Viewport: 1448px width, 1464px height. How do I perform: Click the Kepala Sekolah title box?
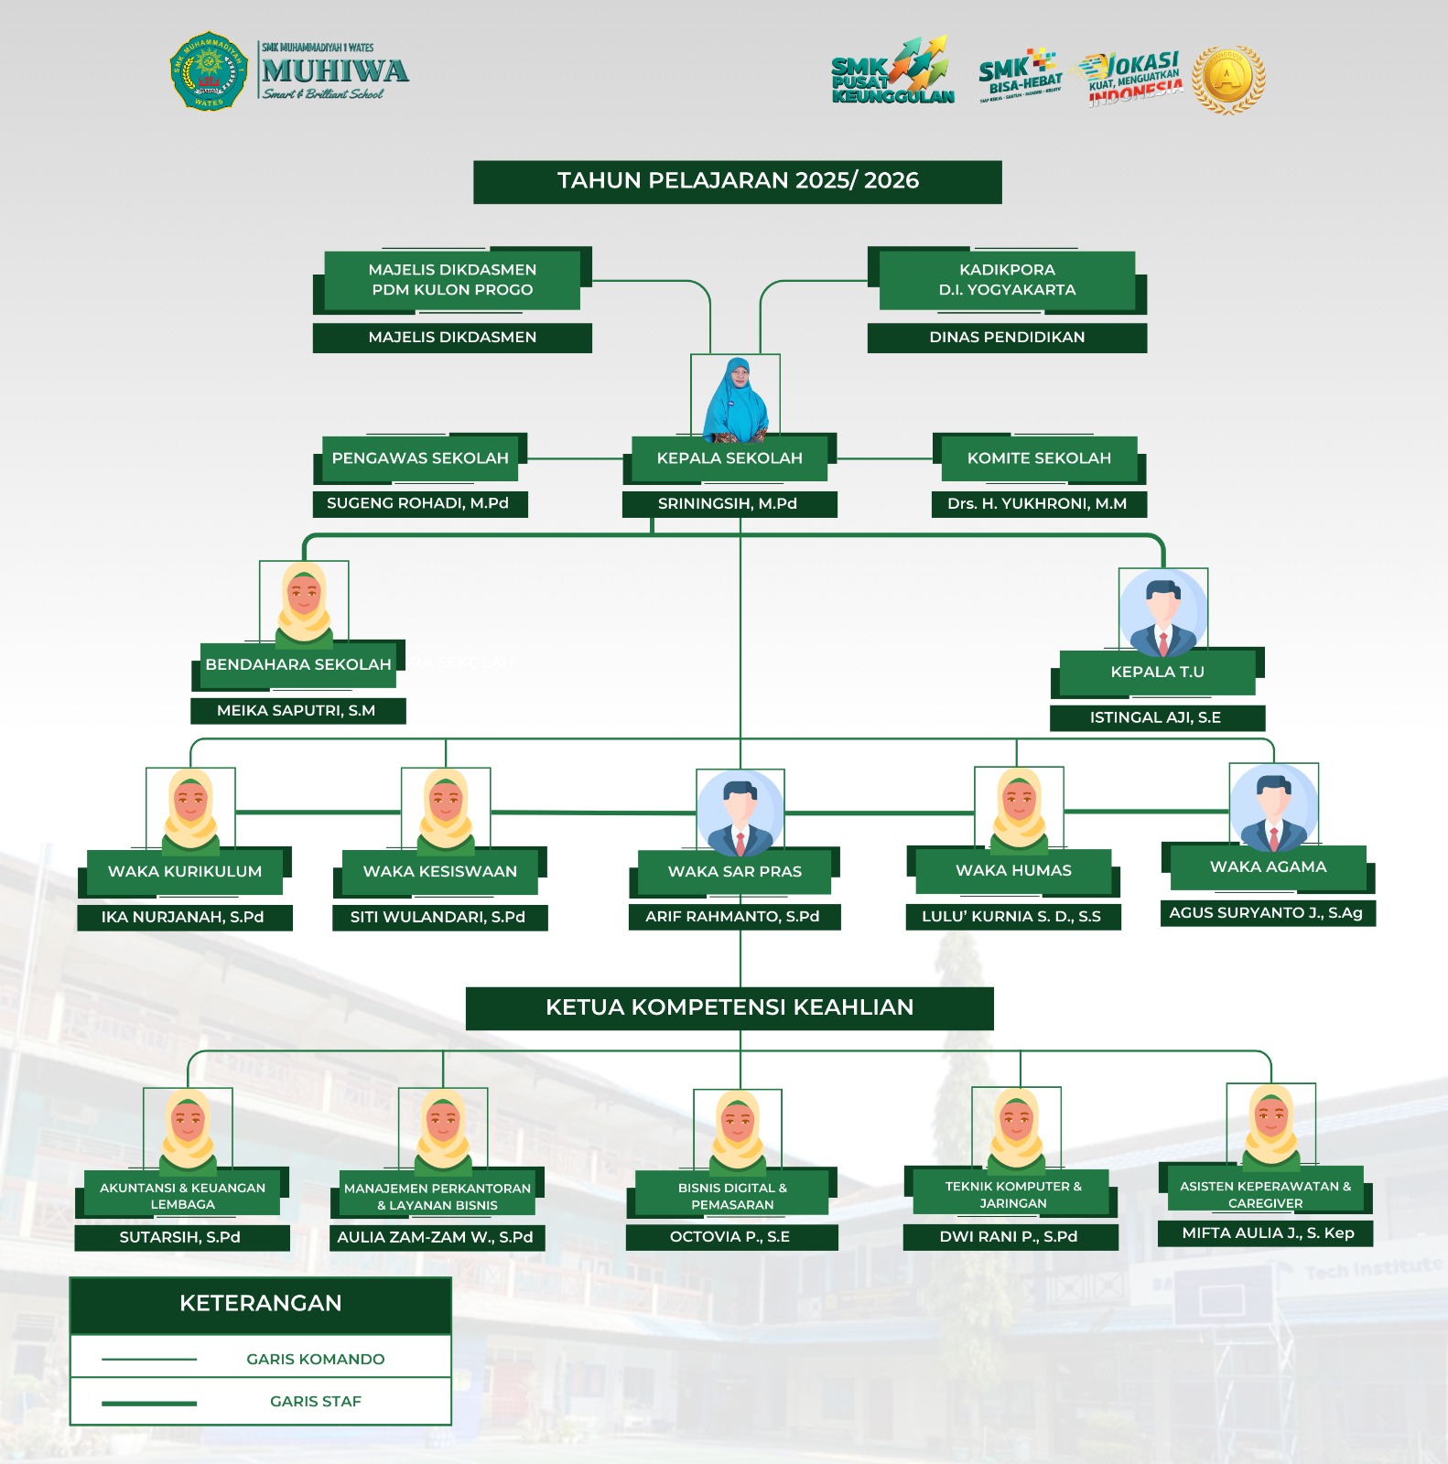[729, 457]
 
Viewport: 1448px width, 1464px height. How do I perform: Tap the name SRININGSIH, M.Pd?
[728, 503]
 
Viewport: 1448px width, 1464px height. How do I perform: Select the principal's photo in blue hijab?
[735, 399]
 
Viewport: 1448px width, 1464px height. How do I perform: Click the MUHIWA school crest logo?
[210, 71]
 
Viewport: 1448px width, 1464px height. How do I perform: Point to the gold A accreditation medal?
[1228, 79]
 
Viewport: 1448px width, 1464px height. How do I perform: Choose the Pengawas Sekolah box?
[420, 457]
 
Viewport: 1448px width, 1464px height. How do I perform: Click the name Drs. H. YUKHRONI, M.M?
[1038, 503]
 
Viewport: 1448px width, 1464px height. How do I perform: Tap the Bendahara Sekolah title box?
[298, 664]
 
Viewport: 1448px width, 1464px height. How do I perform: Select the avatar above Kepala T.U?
[1162, 612]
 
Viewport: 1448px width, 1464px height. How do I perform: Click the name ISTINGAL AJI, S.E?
[1156, 717]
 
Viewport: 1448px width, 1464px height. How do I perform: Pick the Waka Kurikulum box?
[185, 871]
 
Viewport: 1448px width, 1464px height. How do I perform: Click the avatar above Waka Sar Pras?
[740, 813]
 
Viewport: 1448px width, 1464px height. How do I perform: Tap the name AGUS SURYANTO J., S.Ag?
[1267, 912]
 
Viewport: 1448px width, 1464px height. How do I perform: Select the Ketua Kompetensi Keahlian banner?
[729, 1007]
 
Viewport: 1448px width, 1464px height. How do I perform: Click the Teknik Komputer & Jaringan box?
[1013, 1194]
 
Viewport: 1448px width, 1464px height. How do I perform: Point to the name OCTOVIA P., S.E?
[730, 1237]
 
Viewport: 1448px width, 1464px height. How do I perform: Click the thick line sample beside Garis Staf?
[149, 1403]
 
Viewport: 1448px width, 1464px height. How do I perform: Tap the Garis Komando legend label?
[316, 1359]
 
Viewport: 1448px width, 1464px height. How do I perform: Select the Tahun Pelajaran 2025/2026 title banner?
[738, 181]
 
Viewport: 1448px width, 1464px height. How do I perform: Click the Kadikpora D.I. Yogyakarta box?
[1007, 280]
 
